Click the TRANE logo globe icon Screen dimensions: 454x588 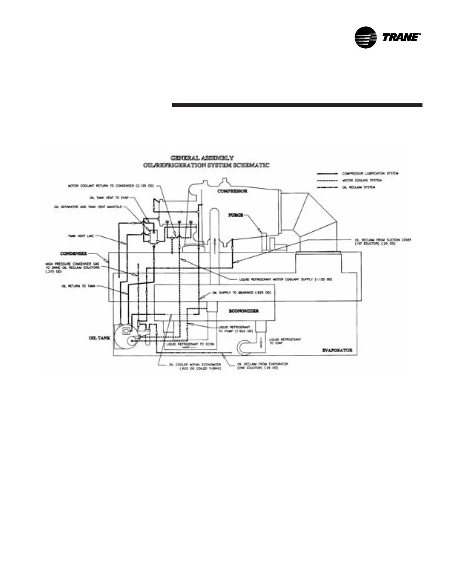366,37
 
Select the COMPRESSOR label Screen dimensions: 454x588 232,191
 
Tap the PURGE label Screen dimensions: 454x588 236,215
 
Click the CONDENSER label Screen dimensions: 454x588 73,254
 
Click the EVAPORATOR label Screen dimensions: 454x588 337,350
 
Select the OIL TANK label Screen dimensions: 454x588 99,338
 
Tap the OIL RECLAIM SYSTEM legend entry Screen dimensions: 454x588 359,187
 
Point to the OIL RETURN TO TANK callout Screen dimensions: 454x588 79,286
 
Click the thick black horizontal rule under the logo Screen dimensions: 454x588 297,105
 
